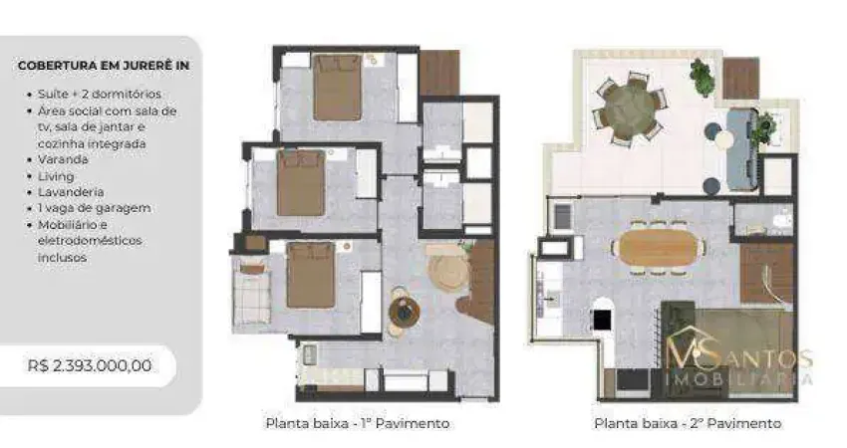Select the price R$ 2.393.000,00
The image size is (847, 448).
tap(90, 365)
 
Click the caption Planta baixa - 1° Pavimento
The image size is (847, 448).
tap(357, 423)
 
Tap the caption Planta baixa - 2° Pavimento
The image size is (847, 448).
tap(688, 423)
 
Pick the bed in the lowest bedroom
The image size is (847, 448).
tap(310, 274)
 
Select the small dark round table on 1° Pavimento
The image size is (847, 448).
tap(403, 312)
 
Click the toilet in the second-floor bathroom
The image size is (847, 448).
tap(782, 221)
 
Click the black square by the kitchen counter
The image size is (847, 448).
tap(602, 319)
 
